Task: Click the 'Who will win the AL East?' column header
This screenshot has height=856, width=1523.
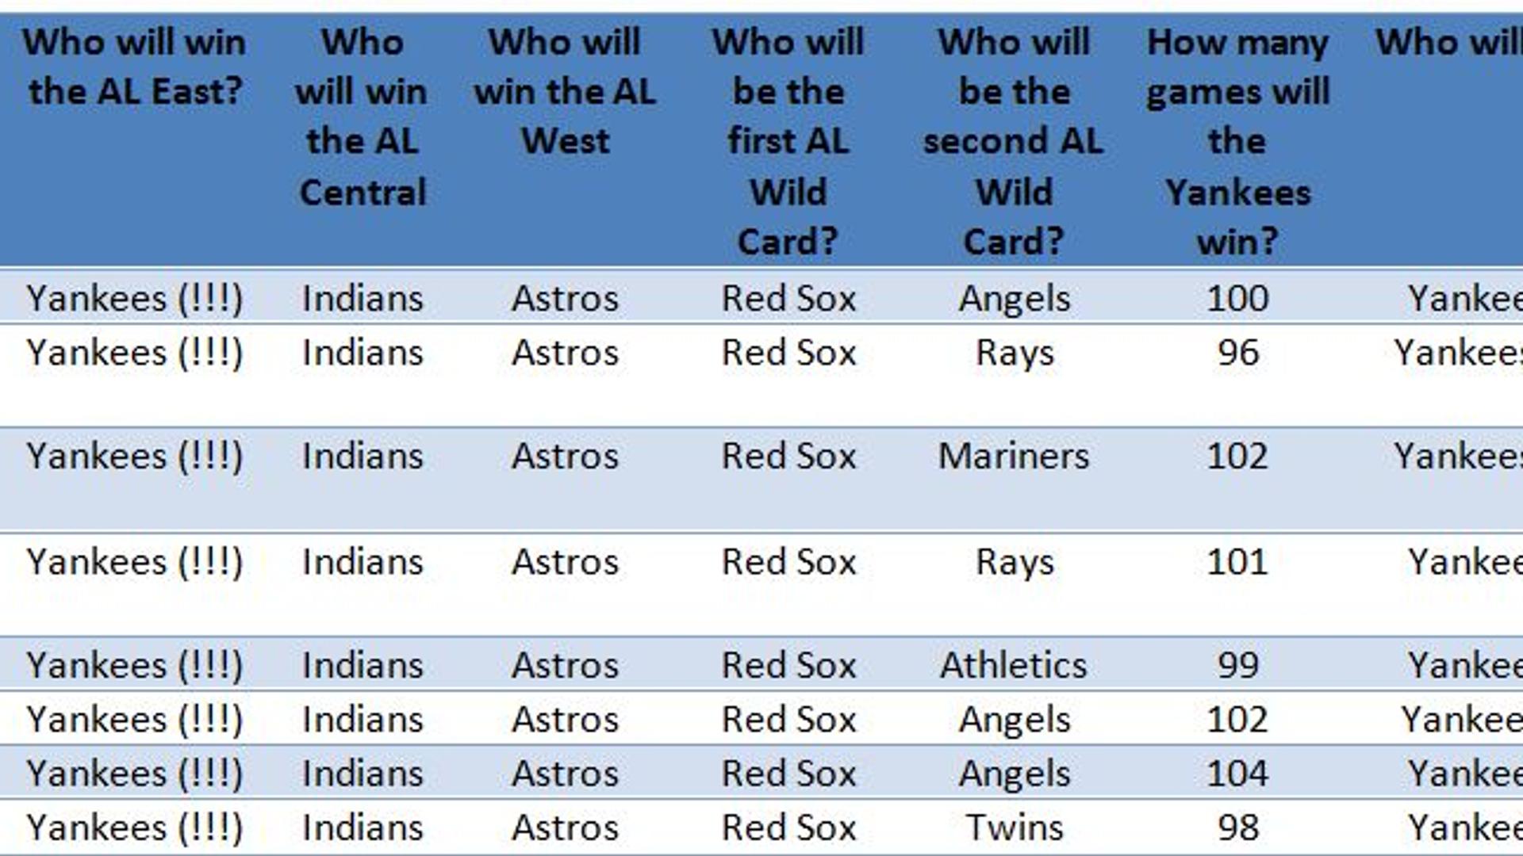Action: point(134,67)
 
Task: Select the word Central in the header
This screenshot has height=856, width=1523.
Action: point(363,192)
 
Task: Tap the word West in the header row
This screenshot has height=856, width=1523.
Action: point(565,141)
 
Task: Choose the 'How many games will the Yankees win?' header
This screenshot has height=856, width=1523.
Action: point(1237,141)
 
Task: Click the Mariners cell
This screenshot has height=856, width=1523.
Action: point(1014,456)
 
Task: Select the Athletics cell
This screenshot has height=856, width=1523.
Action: point(1014,665)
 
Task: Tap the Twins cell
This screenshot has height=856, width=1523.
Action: point(1014,827)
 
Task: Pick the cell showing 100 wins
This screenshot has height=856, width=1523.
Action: point(1237,299)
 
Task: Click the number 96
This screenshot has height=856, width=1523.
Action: point(1237,353)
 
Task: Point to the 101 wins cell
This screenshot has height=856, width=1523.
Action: point(1237,562)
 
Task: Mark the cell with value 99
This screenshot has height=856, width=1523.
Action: point(1237,665)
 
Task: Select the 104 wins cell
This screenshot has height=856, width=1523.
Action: point(1237,773)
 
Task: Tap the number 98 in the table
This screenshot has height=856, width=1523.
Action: point(1237,827)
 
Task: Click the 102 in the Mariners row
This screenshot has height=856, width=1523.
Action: point(1237,456)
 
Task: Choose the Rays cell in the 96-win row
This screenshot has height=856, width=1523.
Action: point(1014,353)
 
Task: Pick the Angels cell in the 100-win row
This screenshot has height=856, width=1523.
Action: point(1014,299)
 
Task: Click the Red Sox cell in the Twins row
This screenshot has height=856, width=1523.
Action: point(788,827)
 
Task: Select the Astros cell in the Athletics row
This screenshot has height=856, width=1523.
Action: point(565,665)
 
